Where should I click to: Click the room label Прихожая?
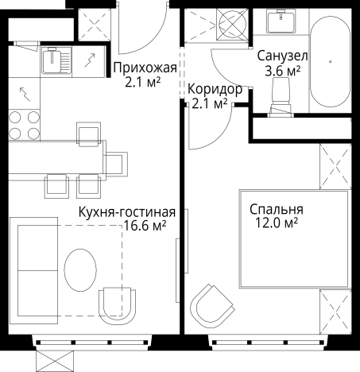pyautogui.click(x=143, y=68)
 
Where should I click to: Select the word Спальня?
pyautogui.click(x=276, y=210)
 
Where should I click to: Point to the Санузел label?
pyautogui.click(x=281, y=56)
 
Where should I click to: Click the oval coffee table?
pyautogui.click(x=80, y=271)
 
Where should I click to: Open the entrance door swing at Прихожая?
pyautogui.click(x=140, y=28)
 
